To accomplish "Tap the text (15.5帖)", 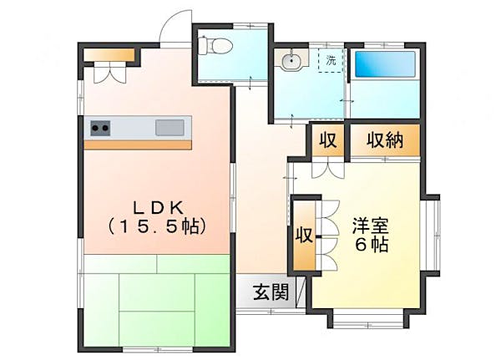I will coord(156,226).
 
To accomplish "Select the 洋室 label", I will coord(369,226).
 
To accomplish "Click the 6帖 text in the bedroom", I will coord(369,245).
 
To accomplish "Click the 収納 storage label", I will coord(385,140).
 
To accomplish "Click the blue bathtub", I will coord(382,65).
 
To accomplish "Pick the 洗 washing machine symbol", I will coord(331,60).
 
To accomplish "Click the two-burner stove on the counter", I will coord(100,128).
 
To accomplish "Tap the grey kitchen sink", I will coord(170,128).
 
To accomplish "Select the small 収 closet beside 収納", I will coord(327,140).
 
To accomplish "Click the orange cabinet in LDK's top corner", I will coord(109,55).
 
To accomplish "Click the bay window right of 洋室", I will coord(433,234).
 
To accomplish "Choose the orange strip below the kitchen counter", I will coord(139,145).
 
